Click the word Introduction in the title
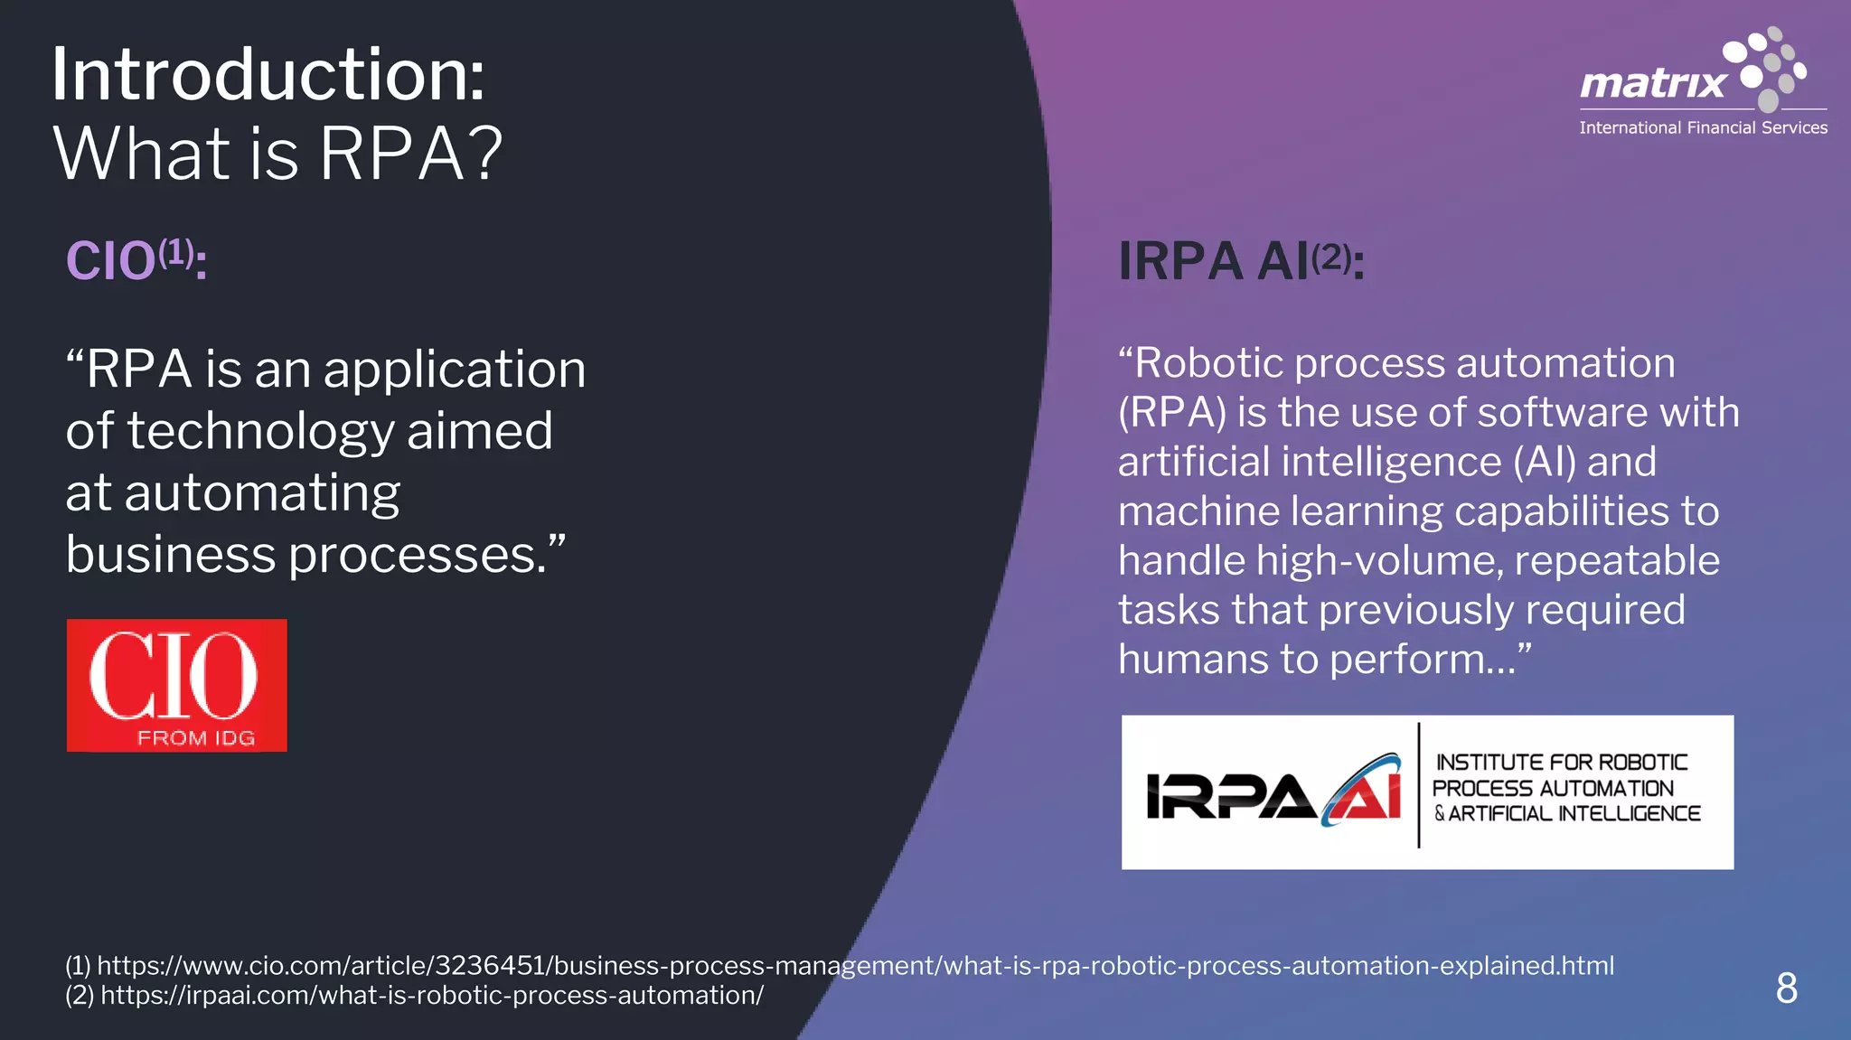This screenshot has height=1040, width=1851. tap(267, 75)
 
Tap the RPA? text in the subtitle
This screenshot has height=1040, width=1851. tap(409, 154)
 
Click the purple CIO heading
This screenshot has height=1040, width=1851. tap(110, 262)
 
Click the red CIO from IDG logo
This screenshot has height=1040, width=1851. tap(176, 685)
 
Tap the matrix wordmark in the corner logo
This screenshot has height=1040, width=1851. tap(1652, 84)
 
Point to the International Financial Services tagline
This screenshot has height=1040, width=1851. tap(1703, 128)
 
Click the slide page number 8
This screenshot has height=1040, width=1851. tap(1786, 988)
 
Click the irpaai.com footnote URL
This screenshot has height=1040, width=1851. tap(431, 995)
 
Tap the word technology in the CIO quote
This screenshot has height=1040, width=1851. tap(260, 432)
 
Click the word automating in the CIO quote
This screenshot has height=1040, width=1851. tap(262, 494)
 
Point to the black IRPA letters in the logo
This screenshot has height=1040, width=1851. tap(1229, 795)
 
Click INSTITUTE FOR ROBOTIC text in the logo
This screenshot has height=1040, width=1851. tap(1561, 763)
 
